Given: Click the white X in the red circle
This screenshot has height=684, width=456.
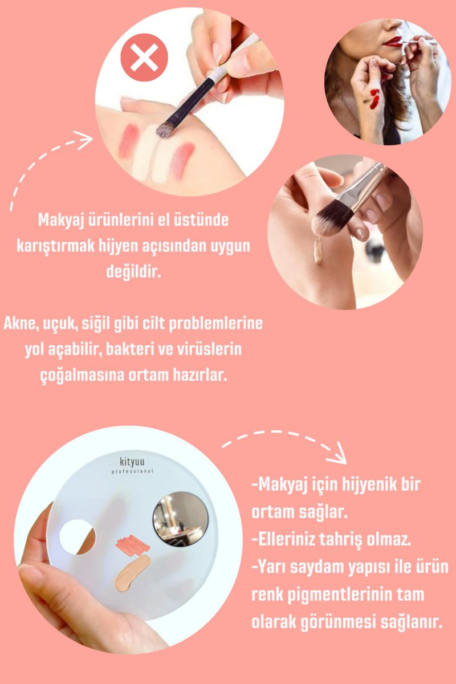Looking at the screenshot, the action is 144,58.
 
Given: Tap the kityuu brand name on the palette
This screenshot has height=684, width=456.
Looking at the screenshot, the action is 132,462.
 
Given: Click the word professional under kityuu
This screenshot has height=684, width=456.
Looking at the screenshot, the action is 132,471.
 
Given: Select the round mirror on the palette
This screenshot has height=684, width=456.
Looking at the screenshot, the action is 181,519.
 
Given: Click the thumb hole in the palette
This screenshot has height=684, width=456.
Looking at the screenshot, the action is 77,537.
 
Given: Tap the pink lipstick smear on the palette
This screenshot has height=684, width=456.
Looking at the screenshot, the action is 133,545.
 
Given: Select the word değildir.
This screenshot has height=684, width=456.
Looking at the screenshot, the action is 133,271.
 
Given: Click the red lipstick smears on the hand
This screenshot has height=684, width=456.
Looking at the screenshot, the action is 374,99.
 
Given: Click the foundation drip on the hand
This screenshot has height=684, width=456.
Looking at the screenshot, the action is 317,250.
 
